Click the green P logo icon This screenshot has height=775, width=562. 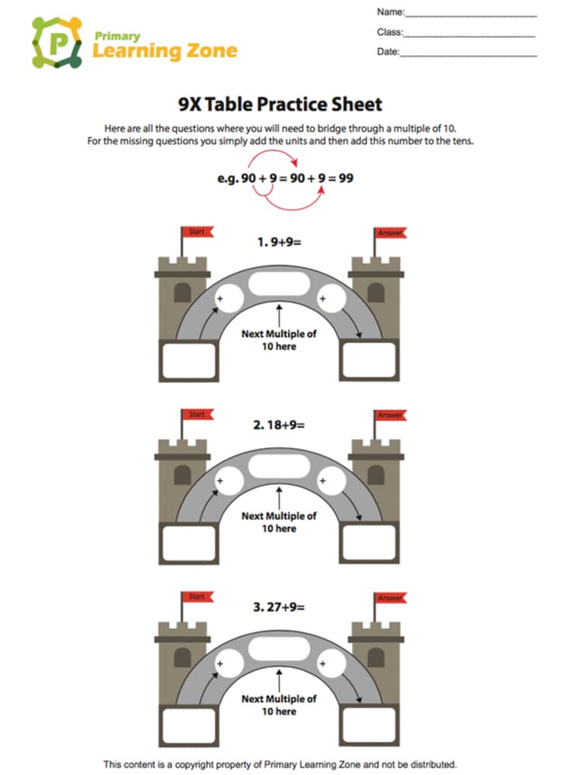(x=57, y=43)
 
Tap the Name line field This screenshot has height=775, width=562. (x=471, y=15)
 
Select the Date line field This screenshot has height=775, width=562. (x=468, y=55)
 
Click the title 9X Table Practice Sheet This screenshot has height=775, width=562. (x=281, y=105)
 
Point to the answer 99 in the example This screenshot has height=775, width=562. (x=346, y=178)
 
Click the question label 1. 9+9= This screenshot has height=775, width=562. (x=279, y=242)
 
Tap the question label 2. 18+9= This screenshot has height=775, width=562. (x=279, y=425)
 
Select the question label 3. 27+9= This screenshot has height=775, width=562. (x=279, y=607)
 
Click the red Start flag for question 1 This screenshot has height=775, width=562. (x=197, y=231)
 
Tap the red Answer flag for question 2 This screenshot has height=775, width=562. (x=390, y=415)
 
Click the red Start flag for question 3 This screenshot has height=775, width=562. (x=197, y=597)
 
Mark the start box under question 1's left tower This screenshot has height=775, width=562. (x=189, y=360)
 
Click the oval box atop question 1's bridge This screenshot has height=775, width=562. (x=279, y=284)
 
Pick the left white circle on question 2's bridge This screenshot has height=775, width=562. (x=229, y=480)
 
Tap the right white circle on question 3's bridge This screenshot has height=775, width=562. (x=331, y=663)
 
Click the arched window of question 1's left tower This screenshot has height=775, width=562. (x=182, y=293)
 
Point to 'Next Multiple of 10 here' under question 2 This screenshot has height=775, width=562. (x=279, y=522)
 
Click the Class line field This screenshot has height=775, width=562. (x=470, y=35)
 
